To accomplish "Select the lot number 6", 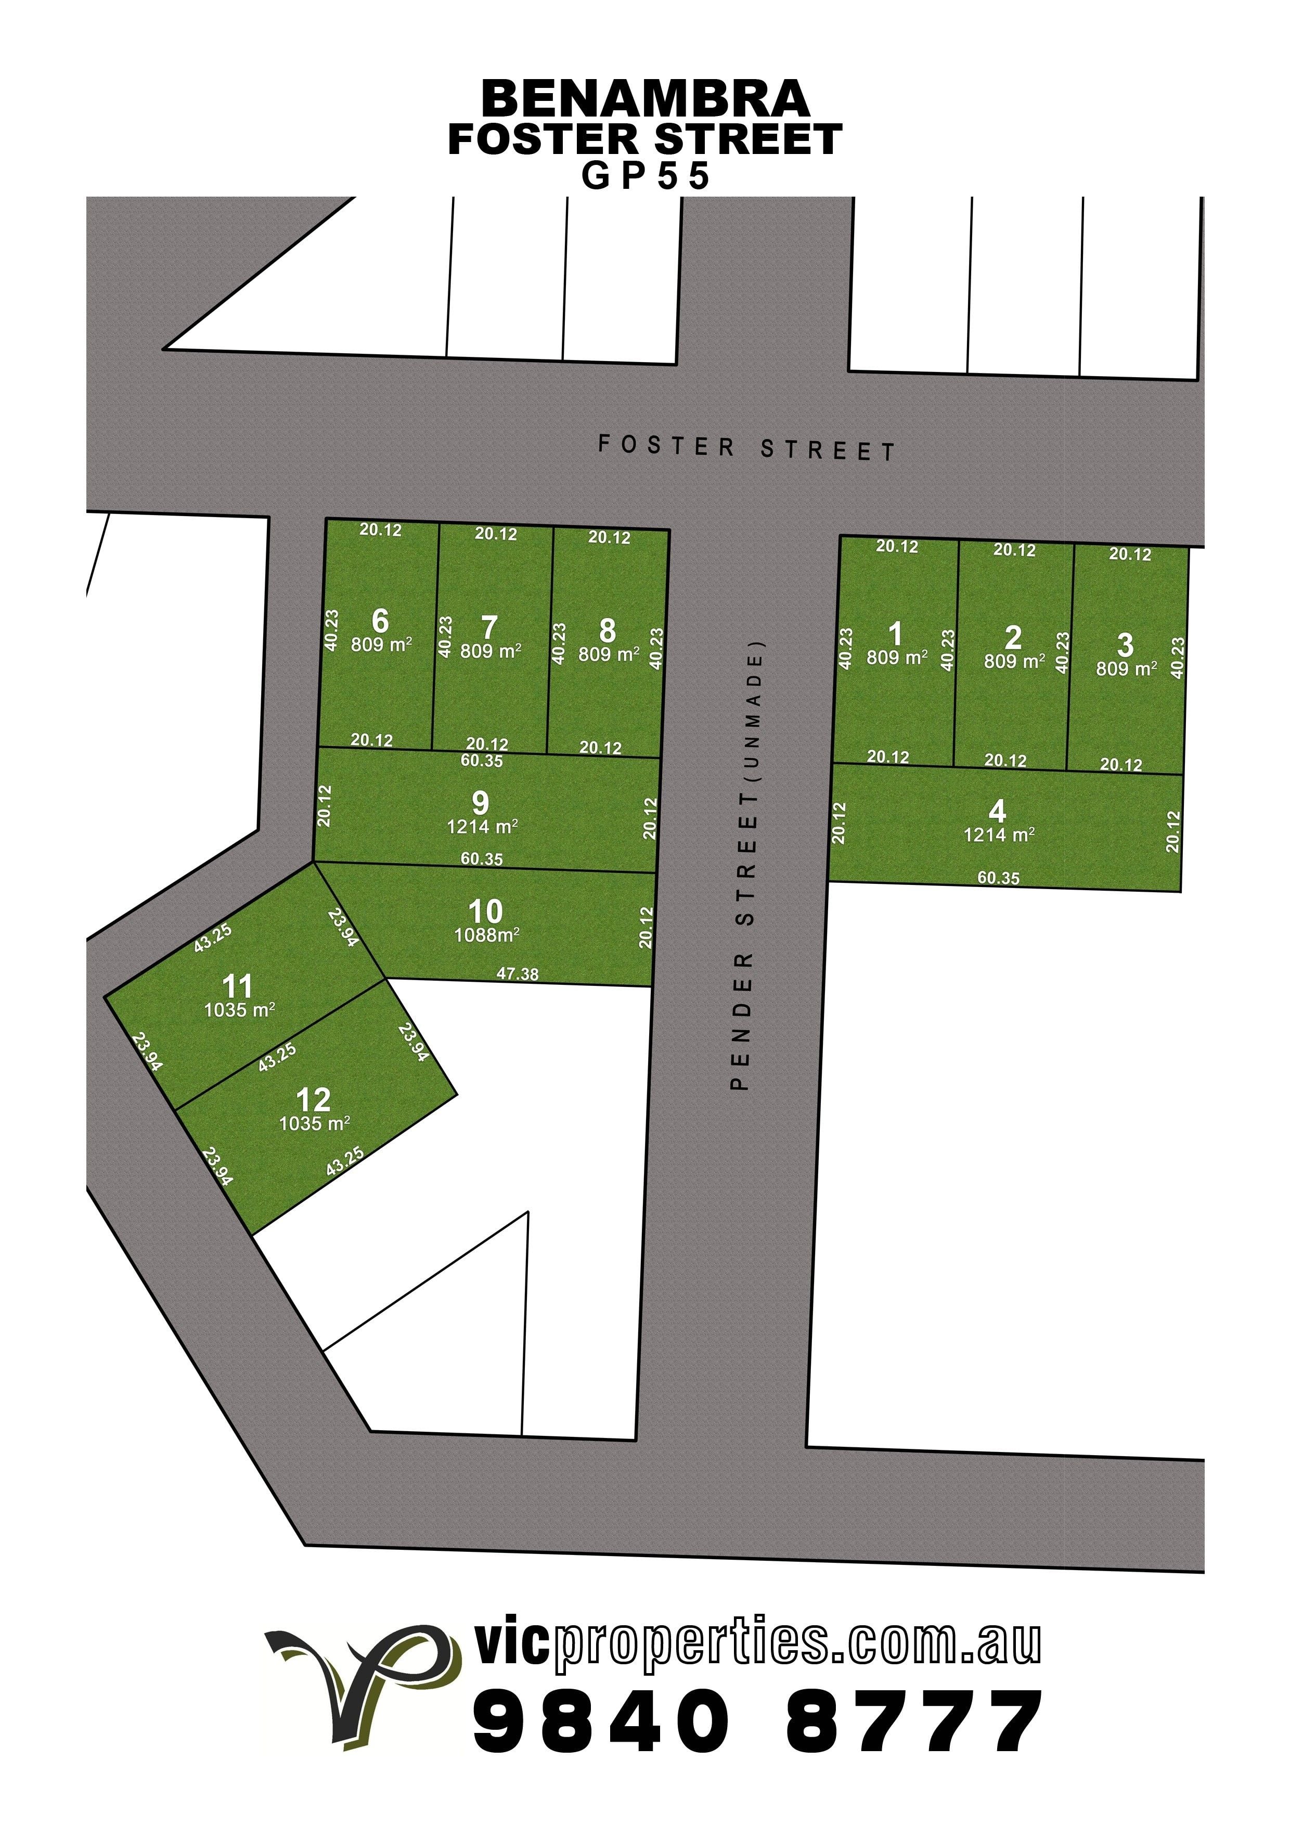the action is (380, 621).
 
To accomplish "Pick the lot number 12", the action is (313, 1100).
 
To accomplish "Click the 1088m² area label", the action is (486, 935).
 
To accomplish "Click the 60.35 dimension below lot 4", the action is (998, 878).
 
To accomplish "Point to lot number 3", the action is (1125, 645).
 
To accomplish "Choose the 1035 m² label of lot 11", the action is (239, 1011).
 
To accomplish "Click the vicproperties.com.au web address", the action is (757, 1643).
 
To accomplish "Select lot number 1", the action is (896, 634).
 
